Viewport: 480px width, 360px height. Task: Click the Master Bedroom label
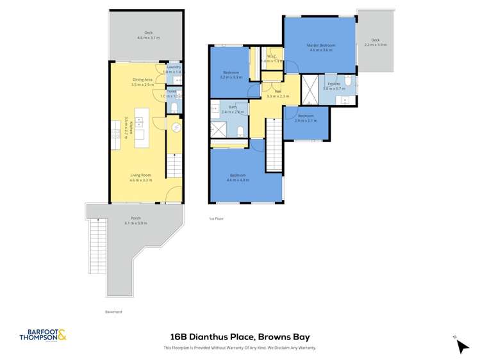tap(319, 45)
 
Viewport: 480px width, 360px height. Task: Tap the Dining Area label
tap(142, 79)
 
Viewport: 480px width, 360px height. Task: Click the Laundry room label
tap(174, 67)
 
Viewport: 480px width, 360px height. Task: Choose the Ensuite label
tap(333, 84)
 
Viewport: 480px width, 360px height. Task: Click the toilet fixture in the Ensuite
tap(347, 81)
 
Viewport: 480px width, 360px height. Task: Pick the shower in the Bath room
tap(219, 129)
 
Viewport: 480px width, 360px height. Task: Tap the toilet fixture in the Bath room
tap(239, 131)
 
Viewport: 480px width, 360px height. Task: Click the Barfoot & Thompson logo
tap(43, 335)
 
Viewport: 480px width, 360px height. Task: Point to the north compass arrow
tap(462, 345)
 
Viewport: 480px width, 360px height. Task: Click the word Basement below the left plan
tap(113, 312)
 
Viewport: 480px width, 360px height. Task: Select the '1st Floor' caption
tap(216, 219)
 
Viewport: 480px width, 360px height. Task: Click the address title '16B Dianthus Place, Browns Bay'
tap(240, 336)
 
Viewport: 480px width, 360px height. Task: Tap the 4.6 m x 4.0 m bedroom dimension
tap(237, 180)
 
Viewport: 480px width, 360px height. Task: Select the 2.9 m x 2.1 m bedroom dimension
tap(306, 120)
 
